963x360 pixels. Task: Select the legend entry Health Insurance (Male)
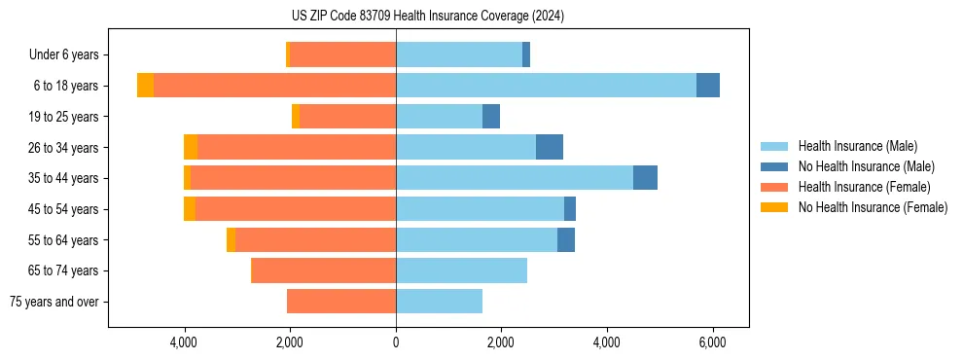(857, 146)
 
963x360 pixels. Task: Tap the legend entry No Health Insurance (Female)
(873, 207)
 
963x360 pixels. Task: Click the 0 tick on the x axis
(396, 343)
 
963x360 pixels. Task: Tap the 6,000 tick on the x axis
(712, 343)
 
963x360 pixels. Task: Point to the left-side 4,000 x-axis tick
(185, 343)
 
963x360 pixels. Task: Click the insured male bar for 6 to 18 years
(546, 86)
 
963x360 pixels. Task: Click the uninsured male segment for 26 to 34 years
(550, 147)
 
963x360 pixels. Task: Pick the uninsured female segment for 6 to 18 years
(145, 86)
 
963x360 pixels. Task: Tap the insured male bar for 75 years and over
(439, 302)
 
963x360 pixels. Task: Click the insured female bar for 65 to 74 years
(324, 270)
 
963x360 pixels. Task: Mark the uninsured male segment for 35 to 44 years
(645, 178)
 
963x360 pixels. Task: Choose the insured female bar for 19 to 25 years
(348, 117)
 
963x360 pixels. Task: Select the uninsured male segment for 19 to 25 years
(491, 117)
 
